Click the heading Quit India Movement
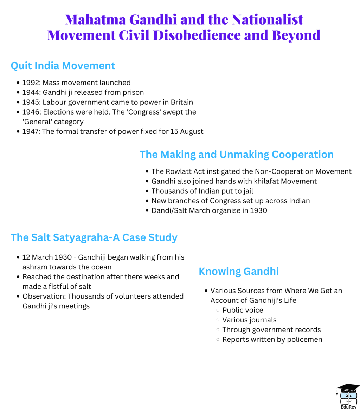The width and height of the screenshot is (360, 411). pyautogui.click(x=63, y=66)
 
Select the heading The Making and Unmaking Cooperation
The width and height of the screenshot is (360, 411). pyautogui.click(x=236, y=155)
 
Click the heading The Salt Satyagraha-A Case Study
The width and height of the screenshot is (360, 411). pyautogui.click(x=94, y=237)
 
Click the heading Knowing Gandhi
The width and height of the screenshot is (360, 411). pyautogui.click(x=239, y=272)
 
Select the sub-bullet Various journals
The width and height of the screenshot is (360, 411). pyautogui.click(x=249, y=320)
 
